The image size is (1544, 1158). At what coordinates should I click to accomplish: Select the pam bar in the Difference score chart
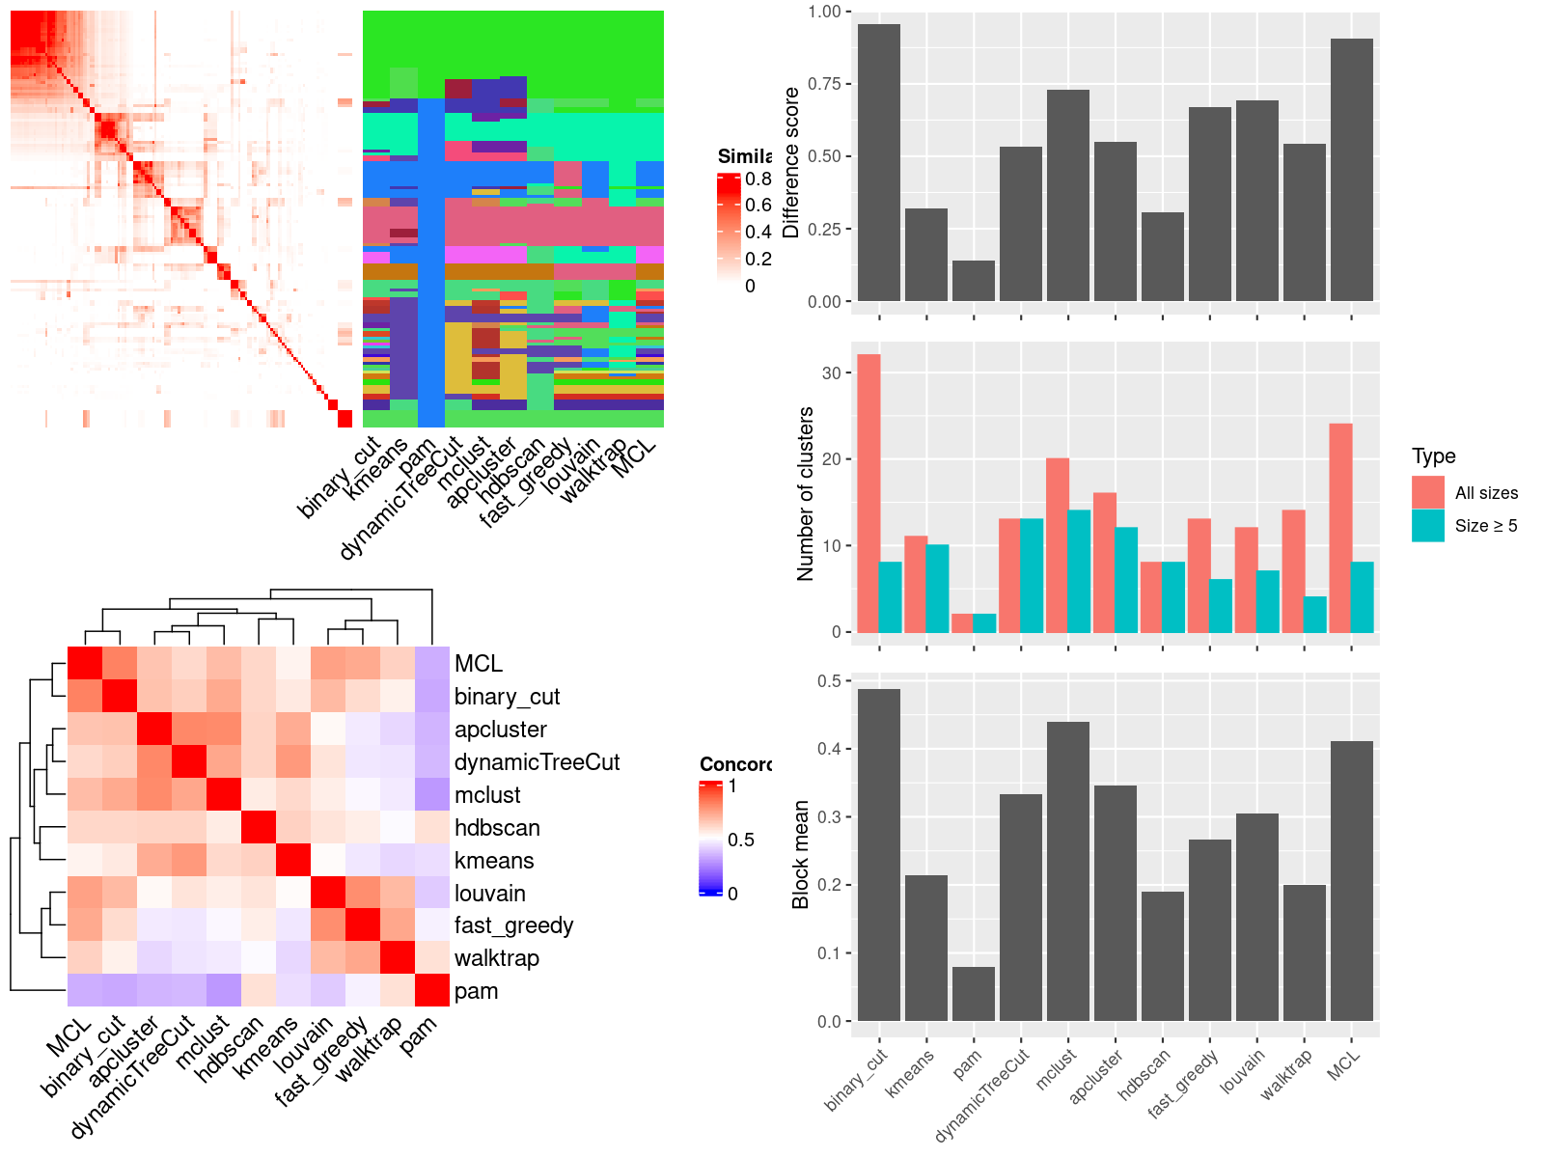coord(973,281)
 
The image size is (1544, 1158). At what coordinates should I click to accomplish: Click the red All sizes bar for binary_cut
coord(868,493)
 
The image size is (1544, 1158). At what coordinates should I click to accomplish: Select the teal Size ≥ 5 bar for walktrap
coord(1314,615)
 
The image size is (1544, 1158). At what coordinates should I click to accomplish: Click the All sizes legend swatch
coord(1427,492)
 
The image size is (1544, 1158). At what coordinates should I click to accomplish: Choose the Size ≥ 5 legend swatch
coord(1427,525)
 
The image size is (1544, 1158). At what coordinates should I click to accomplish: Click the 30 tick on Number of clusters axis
coord(831,372)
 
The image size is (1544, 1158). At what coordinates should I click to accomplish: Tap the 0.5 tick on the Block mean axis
coord(829,680)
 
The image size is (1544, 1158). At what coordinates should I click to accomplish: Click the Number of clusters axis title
coord(805,493)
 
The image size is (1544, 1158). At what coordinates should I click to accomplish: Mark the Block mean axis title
coord(800,854)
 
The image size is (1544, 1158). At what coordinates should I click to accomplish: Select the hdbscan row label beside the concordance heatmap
coord(497,828)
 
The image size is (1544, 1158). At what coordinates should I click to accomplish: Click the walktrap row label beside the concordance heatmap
coord(496,958)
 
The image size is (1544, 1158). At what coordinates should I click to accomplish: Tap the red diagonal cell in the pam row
coord(432,990)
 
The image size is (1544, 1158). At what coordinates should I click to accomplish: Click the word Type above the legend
coord(1433,455)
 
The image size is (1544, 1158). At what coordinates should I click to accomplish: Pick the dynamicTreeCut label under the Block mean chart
coord(982,1095)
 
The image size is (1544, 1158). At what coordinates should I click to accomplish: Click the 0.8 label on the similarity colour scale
coord(758,179)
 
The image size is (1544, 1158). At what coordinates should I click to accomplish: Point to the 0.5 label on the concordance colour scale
coord(741,840)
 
